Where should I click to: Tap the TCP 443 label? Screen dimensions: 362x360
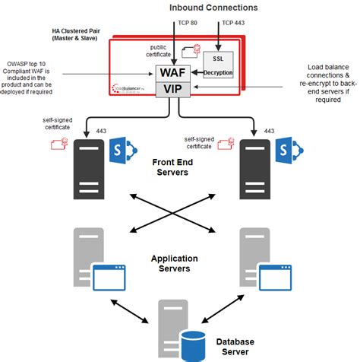pos(231,23)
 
